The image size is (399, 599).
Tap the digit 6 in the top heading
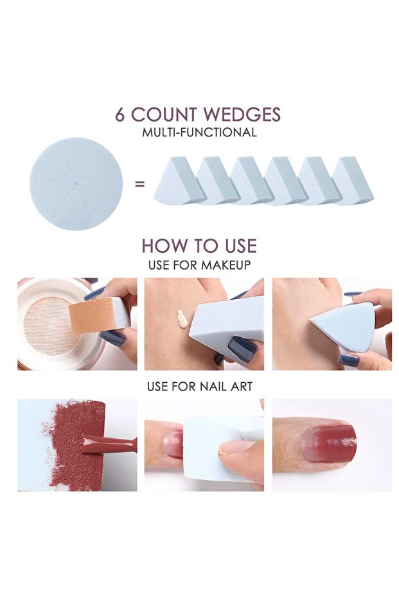pyautogui.click(x=120, y=115)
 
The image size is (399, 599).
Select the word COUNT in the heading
pyautogui.click(x=164, y=115)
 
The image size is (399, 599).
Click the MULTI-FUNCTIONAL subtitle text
pyautogui.click(x=199, y=133)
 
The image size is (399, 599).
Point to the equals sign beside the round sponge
pyautogui.click(x=140, y=184)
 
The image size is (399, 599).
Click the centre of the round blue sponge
pyautogui.click(x=76, y=184)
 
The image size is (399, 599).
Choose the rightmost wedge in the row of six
pyautogui.click(x=353, y=181)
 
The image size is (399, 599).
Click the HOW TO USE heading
pyautogui.click(x=199, y=246)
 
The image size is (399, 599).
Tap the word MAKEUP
pyautogui.click(x=226, y=264)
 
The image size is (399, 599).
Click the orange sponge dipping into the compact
pyautogui.click(x=93, y=315)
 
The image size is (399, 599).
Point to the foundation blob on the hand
pyautogui.click(x=182, y=319)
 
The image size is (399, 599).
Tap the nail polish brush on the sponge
pyautogui.click(x=109, y=444)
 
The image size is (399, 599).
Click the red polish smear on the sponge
pyautogui.click(x=76, y=445)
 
